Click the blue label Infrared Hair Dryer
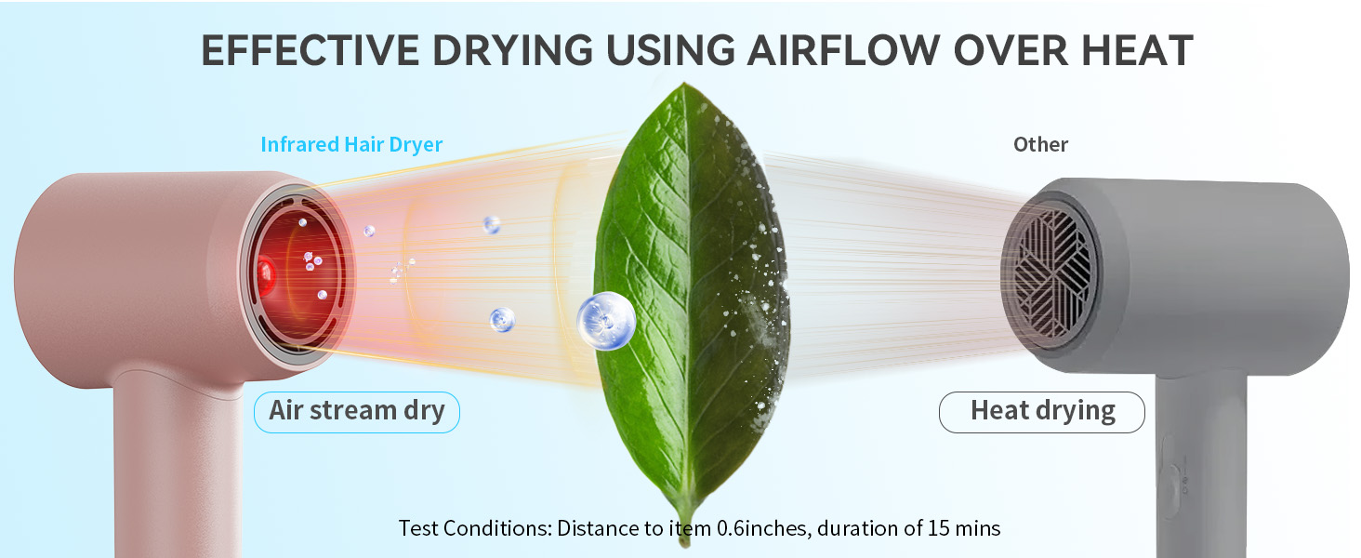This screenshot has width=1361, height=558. tap(351, 144)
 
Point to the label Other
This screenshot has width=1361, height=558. tap(1040, 144)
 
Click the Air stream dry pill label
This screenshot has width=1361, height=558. tap(357, 411)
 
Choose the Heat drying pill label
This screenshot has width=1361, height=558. tap(1042, 411)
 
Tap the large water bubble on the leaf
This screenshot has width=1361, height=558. tap(605, 321)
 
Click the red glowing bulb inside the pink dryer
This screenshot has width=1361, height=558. tap(266, 272)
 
